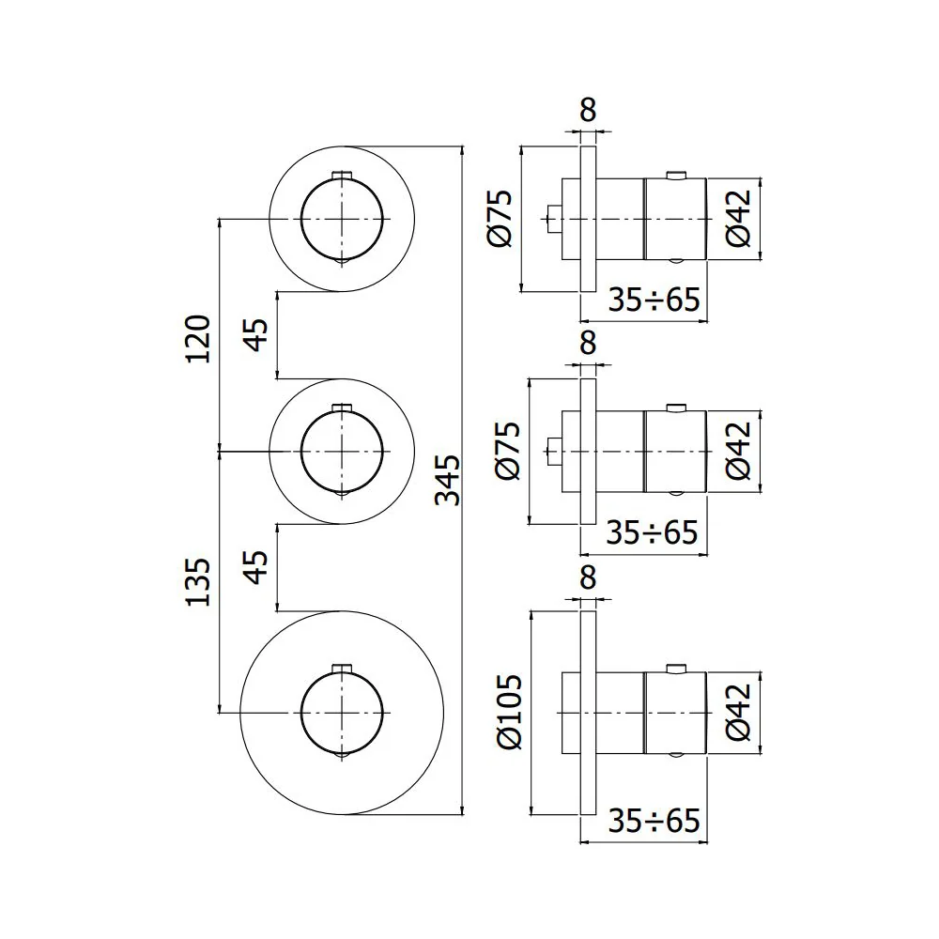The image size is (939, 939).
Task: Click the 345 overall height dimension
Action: point(447,480)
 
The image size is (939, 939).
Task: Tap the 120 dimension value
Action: point(198,338)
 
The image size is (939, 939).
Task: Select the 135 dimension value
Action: point(198,582)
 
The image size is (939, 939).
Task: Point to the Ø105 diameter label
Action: point(510,712)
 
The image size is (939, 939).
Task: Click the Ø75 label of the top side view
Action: point(500,219)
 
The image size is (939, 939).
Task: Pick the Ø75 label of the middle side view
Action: point(508,451)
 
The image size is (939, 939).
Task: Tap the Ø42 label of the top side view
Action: point(738,219)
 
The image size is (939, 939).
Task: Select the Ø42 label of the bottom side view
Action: point(738,712)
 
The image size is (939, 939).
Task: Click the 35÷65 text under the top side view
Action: point(654,300)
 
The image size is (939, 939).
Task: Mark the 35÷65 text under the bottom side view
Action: point(654,821)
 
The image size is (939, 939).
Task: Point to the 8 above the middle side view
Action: point(588,343)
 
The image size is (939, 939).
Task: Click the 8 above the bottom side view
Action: point(588,577)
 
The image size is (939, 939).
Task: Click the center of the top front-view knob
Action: point(342,219)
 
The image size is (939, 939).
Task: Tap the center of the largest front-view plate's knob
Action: point(342,713)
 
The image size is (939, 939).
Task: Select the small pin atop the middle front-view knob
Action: point(342,408)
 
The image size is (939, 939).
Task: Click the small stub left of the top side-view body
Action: point(554,219)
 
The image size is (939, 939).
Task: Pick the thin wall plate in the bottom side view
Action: point(588,713)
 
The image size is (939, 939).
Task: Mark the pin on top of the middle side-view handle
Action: point(676,408)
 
